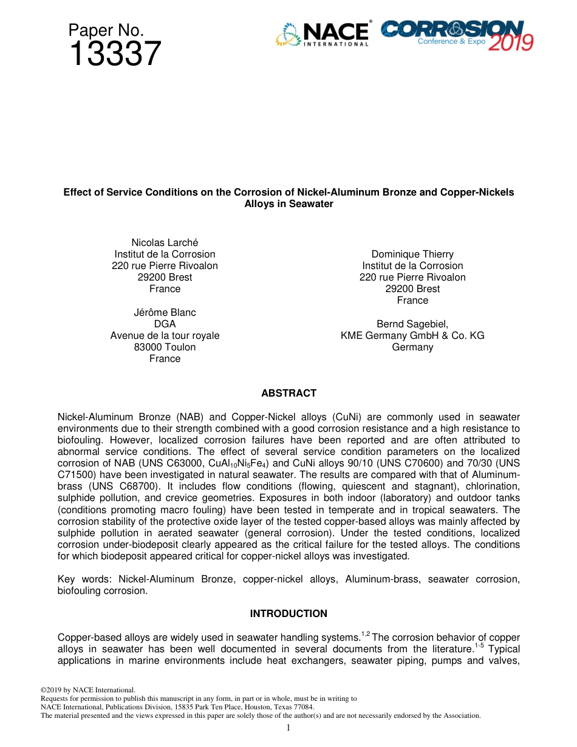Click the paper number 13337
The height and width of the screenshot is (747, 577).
[x=115, y=55]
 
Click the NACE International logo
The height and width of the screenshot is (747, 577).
[x=323, y=34]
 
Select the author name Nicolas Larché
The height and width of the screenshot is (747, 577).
[x=165, y=243]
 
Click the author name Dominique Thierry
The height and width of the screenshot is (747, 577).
[x=412, y=254]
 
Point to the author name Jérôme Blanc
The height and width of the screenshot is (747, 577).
[x=165, y=313]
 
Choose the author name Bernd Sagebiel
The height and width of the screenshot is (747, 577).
[x=412, y=324]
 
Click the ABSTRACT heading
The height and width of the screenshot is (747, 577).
[x=288, y=394]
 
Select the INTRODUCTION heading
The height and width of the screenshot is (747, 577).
[x=288, y=614]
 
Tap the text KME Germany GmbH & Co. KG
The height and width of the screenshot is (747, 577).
[x=412, y=336]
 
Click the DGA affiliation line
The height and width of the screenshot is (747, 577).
[x=165, y=324]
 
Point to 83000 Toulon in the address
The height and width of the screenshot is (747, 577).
[x=165, y=347]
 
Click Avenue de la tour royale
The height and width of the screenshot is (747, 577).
[x=165, y=336]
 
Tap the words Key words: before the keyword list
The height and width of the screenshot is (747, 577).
[x=84, y=579]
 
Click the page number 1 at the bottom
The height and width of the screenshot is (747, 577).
[x=288, y=728]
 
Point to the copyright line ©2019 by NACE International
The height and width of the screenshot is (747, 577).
[x=87, y=691]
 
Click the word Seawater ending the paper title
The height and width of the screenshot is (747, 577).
[x=312, y=204]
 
